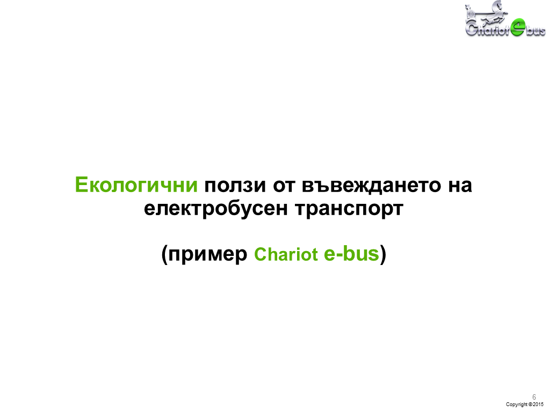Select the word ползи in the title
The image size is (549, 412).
pos(235,186)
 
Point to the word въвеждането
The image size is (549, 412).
pos(371,186)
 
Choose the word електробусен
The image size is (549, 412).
pos(216,208)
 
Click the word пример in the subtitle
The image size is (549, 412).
pos(208,255)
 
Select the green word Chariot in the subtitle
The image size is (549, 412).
pos(286,254)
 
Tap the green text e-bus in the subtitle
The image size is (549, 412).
pos(351,254)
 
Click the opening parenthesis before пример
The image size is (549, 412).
pos(164,254)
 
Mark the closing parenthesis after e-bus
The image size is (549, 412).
pos(383,254)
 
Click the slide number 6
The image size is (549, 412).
pos(534,397)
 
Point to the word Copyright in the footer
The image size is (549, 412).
pos(516,404)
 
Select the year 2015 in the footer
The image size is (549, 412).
pos(538,404)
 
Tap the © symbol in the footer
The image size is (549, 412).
pos(530,404)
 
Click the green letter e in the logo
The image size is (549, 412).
pos(518,27)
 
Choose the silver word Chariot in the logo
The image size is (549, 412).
pos(487,30)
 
